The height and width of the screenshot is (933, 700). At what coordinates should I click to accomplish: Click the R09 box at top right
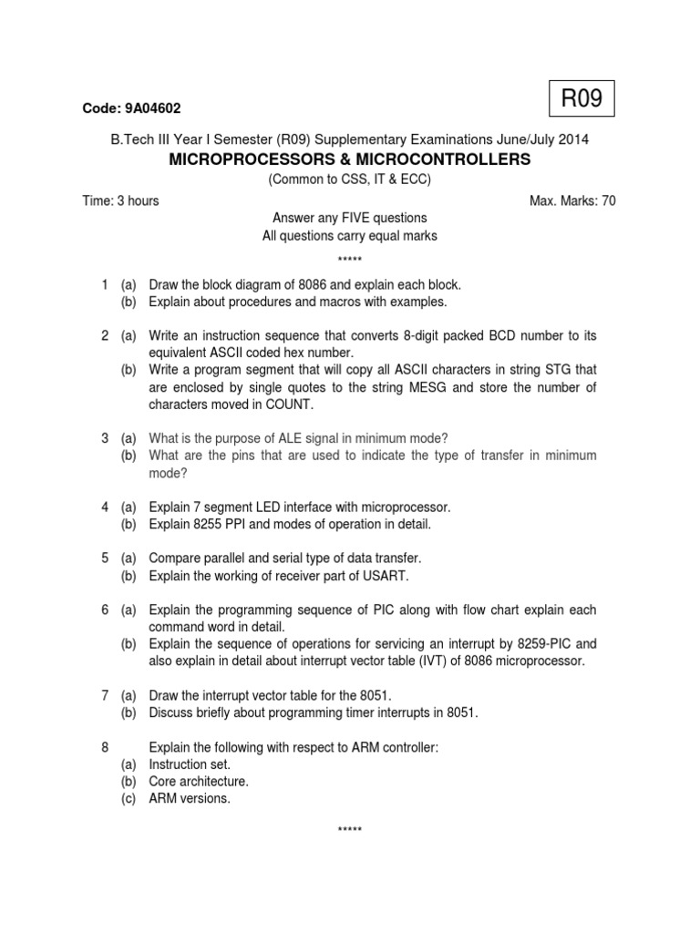pyautogui.click(x=581, y=99)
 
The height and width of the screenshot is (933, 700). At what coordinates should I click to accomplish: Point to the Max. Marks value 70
pyautogui.click(x=608, y=200)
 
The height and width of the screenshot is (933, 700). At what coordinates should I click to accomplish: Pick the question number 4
pyautogui.click(x=106, y=507)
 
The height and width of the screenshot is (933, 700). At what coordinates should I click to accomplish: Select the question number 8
pyautogui.click(x=106, y=747)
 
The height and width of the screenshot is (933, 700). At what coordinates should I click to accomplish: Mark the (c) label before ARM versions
pyautogui.click(x=129, y=798)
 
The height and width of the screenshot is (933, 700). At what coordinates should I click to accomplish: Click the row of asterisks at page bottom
pyautogui.click(x=350, y=831)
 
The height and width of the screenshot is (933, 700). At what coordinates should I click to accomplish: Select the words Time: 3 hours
pyautogui.click(x=120, y=200)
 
